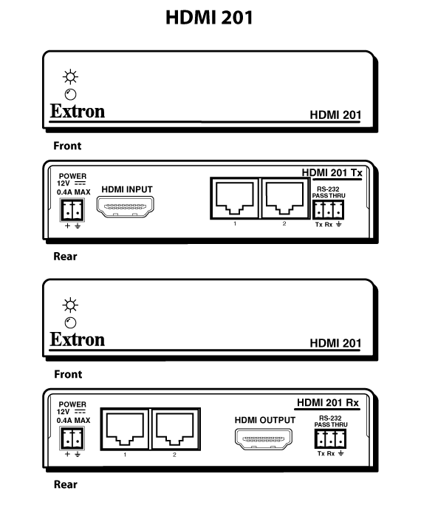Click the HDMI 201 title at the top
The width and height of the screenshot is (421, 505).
[209, 18]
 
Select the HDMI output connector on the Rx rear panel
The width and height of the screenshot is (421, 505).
[264, 438]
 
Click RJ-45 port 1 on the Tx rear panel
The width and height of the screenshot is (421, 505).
[234, 198]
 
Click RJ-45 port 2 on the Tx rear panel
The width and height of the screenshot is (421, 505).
[284, 198]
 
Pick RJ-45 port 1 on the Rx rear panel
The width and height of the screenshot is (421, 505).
[125, 429]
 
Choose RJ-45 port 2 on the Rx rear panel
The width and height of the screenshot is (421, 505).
[175, 429]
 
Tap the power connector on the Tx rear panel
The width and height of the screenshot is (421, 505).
[72, 210]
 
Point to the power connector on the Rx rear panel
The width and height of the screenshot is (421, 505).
[72, 438]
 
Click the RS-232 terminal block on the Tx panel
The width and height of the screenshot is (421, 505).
[328, 210]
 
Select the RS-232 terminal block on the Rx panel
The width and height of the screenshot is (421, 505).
[330, 438]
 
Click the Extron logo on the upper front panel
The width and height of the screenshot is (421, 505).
[78, 112]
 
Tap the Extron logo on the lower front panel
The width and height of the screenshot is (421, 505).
[78, 340]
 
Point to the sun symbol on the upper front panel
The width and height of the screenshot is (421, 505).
[70, 77]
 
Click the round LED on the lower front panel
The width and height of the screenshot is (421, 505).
[70, 322]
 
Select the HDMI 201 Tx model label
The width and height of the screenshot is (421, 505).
[332, 172]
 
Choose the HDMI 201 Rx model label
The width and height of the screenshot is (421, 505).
[328, 402]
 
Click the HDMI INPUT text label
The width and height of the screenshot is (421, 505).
[127, 189]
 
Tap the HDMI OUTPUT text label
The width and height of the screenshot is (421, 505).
[265, 420]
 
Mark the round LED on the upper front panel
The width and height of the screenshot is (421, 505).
[70, 95]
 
